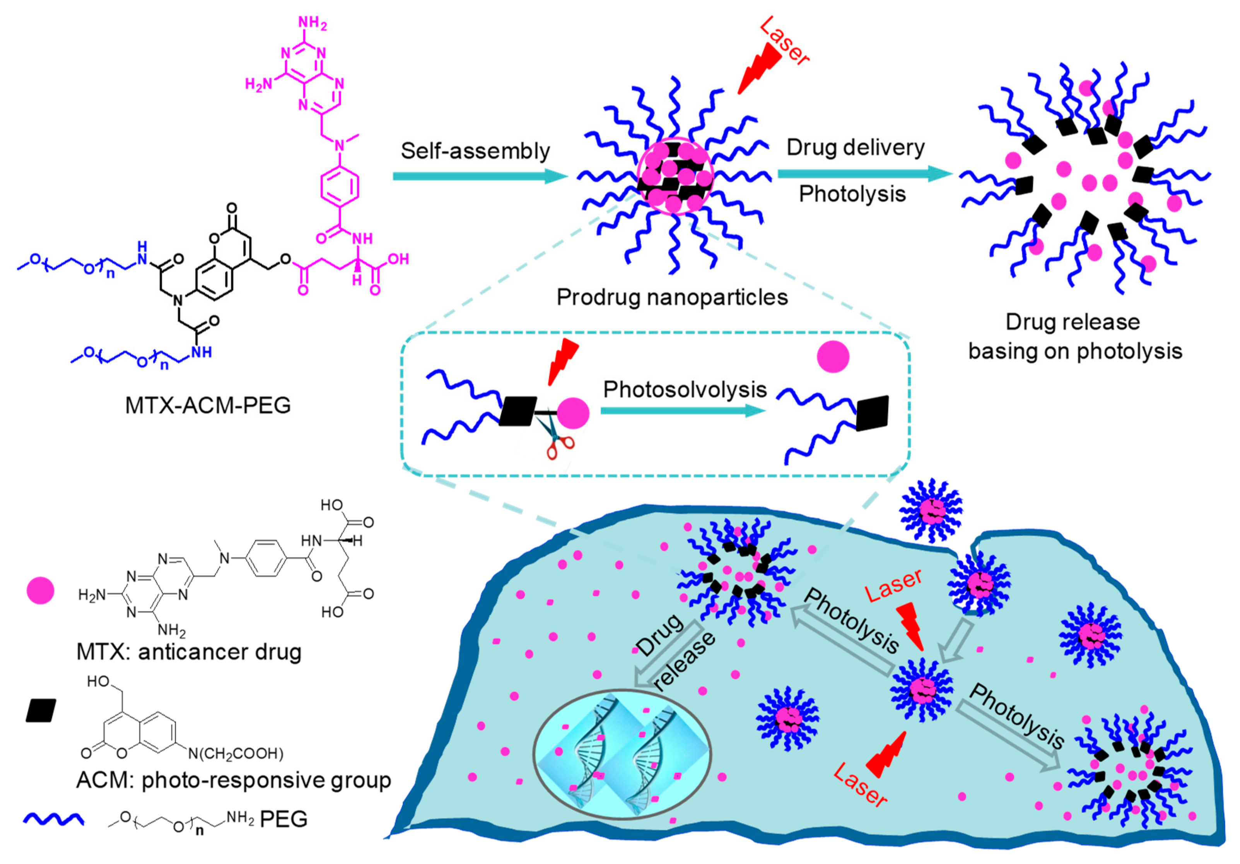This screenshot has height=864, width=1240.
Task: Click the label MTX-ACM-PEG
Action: coord(208,405)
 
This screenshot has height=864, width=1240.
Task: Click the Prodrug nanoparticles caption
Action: coord(672,297)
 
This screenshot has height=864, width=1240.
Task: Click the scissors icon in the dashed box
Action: coord(556,440)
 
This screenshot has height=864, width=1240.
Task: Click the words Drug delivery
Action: coord(855,147)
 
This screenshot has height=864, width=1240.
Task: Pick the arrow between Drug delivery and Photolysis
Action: coord(864,173)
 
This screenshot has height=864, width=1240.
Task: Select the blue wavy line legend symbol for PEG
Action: coord(53,819)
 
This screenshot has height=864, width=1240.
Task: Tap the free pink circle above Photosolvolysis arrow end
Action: coord(833,357)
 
